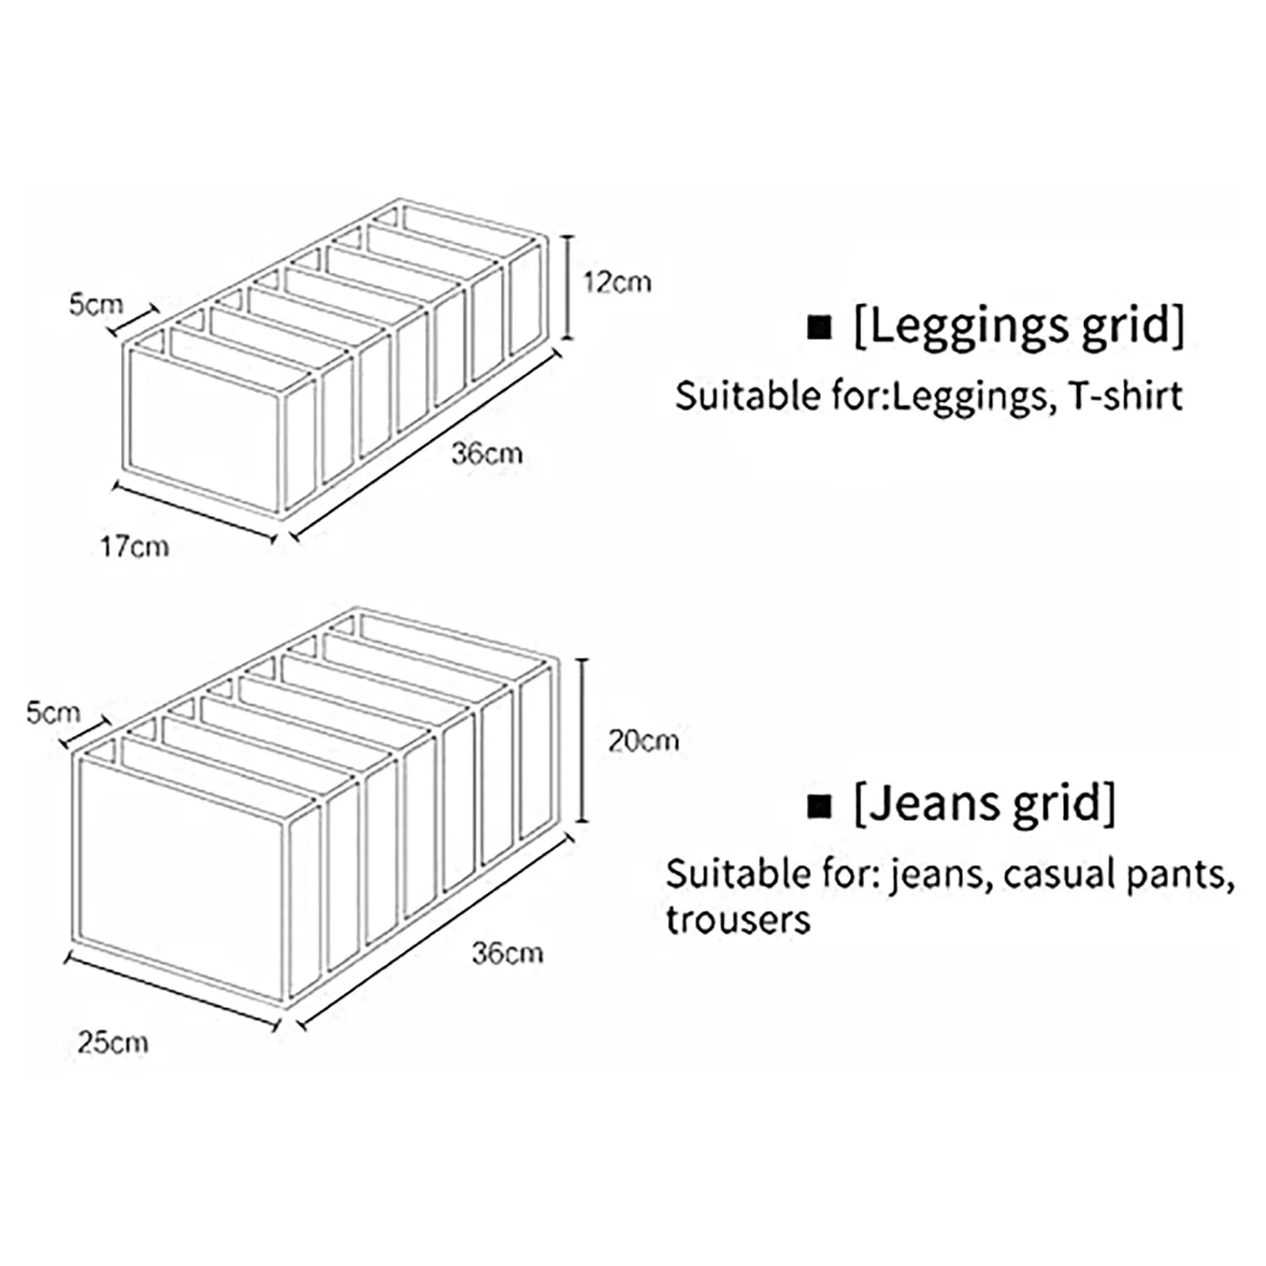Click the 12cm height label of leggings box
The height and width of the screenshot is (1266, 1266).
[x=617, y=282]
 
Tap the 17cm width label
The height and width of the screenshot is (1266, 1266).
[x=135, y=547]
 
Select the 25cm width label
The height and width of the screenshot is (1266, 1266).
[x=112, y=1042]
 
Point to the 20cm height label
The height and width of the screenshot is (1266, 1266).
[x=643, y=741]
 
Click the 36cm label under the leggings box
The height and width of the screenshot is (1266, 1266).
[x=487, y=454]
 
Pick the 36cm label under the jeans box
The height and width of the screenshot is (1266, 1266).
[x=507, y=953]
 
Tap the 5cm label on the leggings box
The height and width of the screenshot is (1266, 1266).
[x=96, y=305]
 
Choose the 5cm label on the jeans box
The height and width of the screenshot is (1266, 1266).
[x=53, y=713]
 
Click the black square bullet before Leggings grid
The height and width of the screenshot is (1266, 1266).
[x=820, y=328]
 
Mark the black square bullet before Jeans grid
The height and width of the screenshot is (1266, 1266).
[x=820, y=806]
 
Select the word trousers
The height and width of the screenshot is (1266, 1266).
[x=737, y=920]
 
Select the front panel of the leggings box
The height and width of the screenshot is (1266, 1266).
[x=204, y=426]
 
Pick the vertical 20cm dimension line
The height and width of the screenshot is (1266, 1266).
[x=583, y=741]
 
